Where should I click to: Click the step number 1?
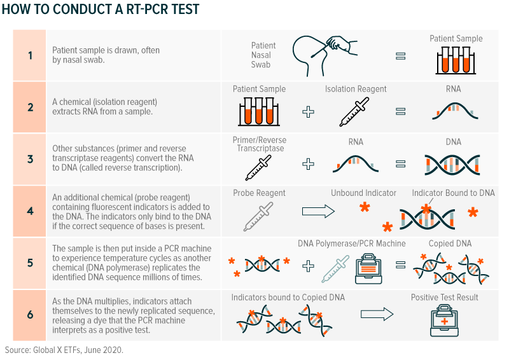30,55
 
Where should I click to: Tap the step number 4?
30,211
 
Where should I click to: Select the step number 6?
30,315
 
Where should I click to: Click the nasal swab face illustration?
324,56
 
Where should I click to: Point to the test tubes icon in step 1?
456,60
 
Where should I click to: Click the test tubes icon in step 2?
259,112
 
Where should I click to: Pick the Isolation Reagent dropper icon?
354,112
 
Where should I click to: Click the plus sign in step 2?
308,112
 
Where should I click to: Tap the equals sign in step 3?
401,163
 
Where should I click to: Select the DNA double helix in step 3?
452,165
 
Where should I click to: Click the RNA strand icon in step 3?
356,163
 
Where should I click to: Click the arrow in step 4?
318,211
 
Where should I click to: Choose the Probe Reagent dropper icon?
258,216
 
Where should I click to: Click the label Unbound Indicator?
363,193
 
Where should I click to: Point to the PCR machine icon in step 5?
368,269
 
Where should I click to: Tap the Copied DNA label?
450,244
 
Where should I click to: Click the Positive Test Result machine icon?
444,321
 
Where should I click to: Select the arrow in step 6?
377,314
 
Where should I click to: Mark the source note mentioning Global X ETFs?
64,350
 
